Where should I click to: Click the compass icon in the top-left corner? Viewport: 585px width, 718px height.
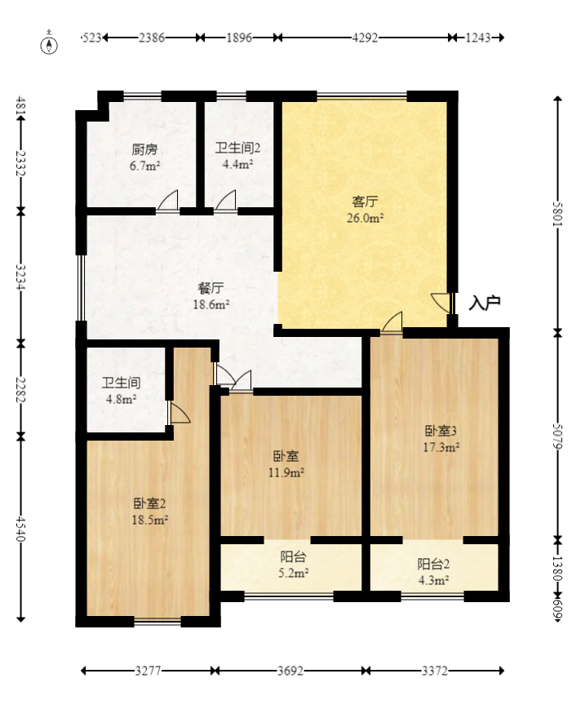coord(50,43)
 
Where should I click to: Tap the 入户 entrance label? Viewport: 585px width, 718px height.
coord(485,304)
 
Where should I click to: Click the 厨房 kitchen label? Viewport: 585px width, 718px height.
coord(144,150)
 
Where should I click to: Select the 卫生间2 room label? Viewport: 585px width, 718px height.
coord(237,148)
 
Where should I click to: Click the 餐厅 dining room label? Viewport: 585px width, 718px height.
coord(211,289)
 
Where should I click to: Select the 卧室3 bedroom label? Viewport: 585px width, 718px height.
coord(441,431)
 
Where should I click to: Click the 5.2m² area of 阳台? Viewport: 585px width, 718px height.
coord(293,574)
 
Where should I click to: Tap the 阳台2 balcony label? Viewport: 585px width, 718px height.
coord(433,564)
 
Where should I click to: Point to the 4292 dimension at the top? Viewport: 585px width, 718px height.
coord(365,38)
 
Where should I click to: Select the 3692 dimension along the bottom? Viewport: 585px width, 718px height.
coord(290,671)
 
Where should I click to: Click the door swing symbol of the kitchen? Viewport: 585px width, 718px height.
coord(169,202)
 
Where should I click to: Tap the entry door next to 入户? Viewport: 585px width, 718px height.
coord(444,303)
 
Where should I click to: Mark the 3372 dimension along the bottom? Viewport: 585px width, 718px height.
coord(434,671)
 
